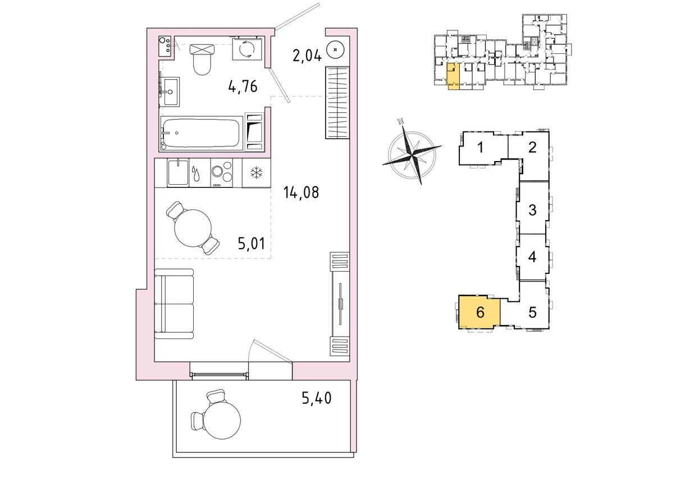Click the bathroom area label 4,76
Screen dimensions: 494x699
pyautogui.click(x=243, y=86)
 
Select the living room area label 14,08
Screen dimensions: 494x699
pyautogui.click(x=301, y=193)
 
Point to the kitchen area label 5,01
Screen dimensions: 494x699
pyautogui.click(x=250, y=244)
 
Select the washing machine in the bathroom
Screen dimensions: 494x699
pyautogui.click(x=246, y=49)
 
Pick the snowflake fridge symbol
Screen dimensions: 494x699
pyautogui.click(x=256, y=173)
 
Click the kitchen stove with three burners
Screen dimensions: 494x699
pyautogui.click(x=222, y=173)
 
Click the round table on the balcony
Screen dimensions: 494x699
pyautogui.click(x=221, y=418)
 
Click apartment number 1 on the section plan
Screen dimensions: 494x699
pyautogui.click(x=481, y=148)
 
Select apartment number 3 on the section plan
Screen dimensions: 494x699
pyautogui.click(x=532, y=211)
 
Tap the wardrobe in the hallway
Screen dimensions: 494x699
pyautogui.click(x=337, y=102)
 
